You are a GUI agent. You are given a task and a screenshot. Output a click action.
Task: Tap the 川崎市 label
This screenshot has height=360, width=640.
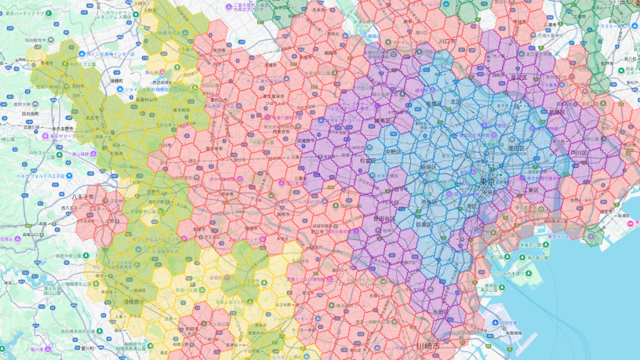point(427,346)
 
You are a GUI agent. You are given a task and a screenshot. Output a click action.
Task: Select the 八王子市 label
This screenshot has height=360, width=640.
point(82,197)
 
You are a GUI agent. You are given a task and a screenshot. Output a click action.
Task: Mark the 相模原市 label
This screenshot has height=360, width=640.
point(134,302)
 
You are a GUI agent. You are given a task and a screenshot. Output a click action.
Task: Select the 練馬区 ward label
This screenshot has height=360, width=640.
point(382,121)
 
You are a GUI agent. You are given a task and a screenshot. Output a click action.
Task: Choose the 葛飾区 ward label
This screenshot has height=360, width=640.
point(557,112)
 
